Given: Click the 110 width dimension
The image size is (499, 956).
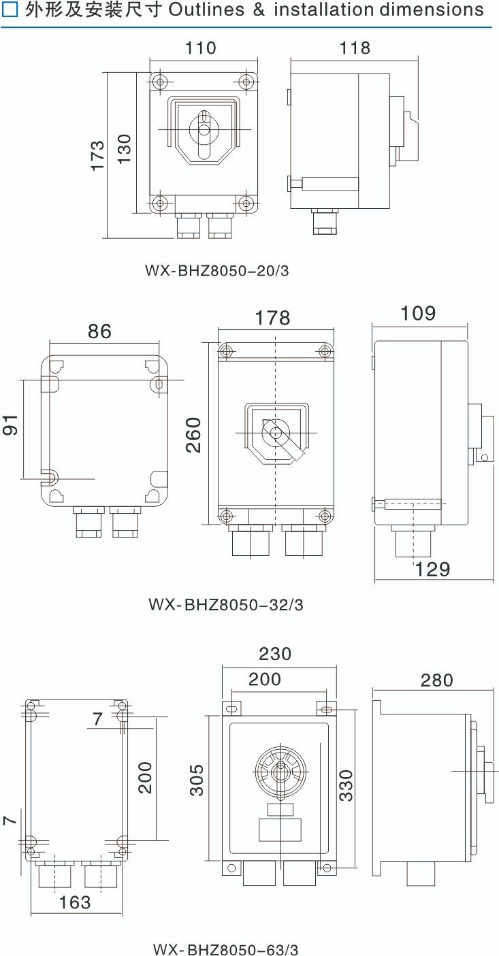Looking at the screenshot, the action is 201,48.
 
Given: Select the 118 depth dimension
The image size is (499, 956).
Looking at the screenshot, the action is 355,48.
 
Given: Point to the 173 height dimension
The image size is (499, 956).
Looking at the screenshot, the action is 98,156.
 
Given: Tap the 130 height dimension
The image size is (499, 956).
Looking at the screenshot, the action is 125,149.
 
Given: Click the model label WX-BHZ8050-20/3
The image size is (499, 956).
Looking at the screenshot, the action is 217,271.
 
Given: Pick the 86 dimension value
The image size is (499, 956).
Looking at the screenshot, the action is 99,331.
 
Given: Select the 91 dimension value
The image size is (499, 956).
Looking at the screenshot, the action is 10,425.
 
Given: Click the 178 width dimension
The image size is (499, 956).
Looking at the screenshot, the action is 272,318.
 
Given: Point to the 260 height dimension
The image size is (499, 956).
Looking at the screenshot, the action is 193,435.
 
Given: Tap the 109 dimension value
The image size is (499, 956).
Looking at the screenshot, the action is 418,313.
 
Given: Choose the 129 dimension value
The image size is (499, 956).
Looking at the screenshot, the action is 432,570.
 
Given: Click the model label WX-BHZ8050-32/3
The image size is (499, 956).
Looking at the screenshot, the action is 226,605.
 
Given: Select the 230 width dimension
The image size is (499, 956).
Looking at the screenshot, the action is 275,654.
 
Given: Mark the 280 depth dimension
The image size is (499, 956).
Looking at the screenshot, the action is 436,680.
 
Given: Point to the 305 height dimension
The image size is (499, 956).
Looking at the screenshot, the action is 197,780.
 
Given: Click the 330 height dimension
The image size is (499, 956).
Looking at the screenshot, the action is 346,786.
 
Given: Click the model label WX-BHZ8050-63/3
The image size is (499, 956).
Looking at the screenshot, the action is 225,949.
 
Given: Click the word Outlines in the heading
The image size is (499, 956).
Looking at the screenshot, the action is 206,10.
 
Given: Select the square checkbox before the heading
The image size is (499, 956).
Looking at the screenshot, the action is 10,10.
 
